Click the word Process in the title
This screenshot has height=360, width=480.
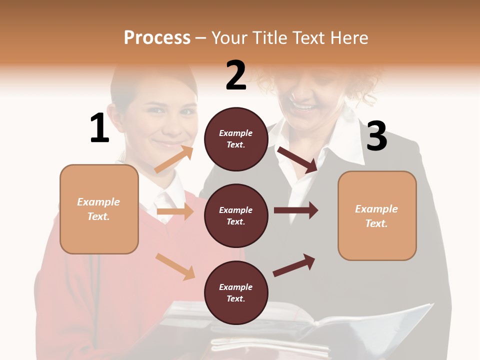pyautogui.click(x=157, y=38)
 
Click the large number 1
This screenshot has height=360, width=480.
pyautogui.click(x=99, y=128)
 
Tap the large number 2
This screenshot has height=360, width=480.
pyautogui.click(x=236, y=75)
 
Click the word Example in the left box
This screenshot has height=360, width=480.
pyautogui.click(x=98, y=202)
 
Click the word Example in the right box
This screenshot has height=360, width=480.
pyautogui.click(x=376, y=209)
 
